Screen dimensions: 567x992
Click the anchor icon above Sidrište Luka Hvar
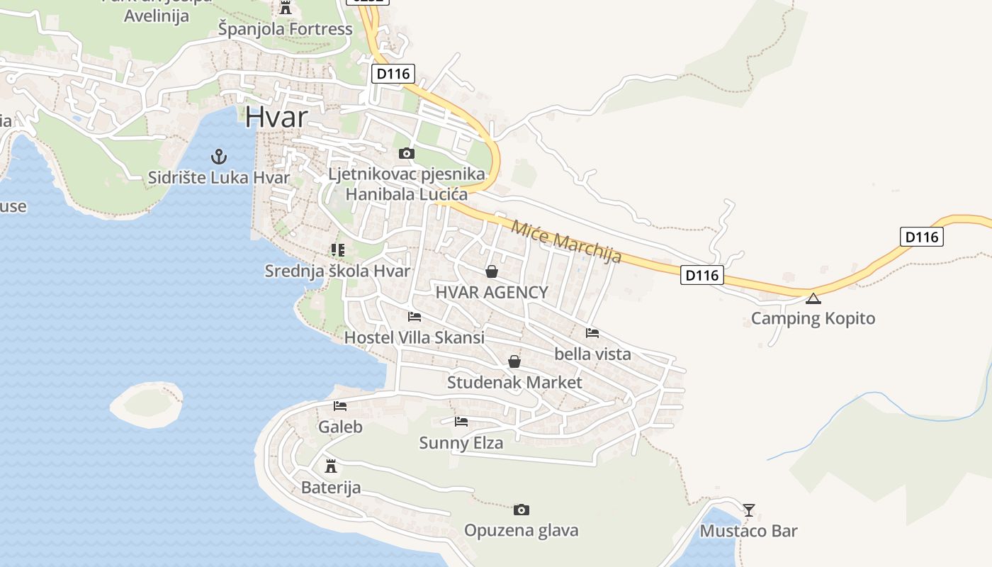[218, 156]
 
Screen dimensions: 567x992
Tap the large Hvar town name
[277, 117]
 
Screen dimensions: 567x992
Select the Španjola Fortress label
[285, 29]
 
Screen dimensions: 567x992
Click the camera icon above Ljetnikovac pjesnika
[406, 153]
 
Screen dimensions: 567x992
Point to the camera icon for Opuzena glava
[521, 510]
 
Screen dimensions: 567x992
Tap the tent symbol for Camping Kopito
[813, 298]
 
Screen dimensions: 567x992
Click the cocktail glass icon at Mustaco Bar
[748, 510]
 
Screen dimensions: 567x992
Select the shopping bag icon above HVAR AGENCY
[491, 271]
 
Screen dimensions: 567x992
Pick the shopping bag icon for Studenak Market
[514, 362]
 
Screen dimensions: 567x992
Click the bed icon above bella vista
[592, 332]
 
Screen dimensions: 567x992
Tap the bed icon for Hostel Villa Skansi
[415, 316]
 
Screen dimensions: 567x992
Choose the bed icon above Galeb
[340, 406]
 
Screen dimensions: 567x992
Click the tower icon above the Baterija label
[330, 466]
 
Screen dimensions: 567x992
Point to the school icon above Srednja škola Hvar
[337, 249]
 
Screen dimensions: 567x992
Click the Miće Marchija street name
[566, 242]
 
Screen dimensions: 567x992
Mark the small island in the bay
[147, 404]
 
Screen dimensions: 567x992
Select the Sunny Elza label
[461, 444]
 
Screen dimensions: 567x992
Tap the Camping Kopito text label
[813, 318]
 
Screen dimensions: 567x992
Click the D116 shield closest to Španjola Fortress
[393, 74]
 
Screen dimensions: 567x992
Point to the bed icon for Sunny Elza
[461, 422]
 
